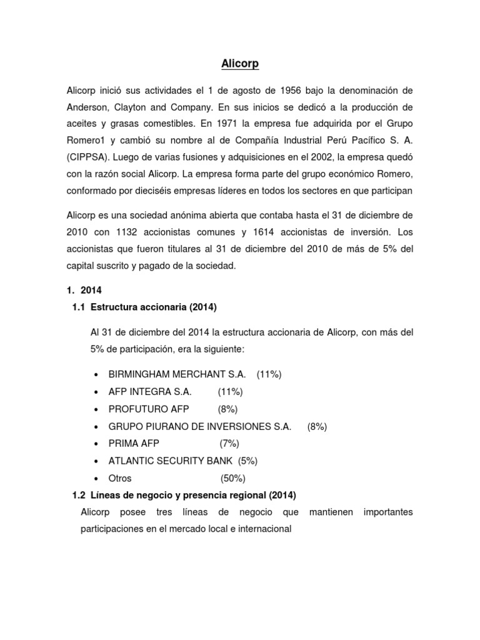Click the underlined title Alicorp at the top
239,63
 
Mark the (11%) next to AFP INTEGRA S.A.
230,392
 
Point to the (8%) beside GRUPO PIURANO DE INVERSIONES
317,426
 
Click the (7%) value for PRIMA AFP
230,444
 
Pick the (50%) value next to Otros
232,478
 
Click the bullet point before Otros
94,479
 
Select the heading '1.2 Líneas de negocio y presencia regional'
184,495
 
